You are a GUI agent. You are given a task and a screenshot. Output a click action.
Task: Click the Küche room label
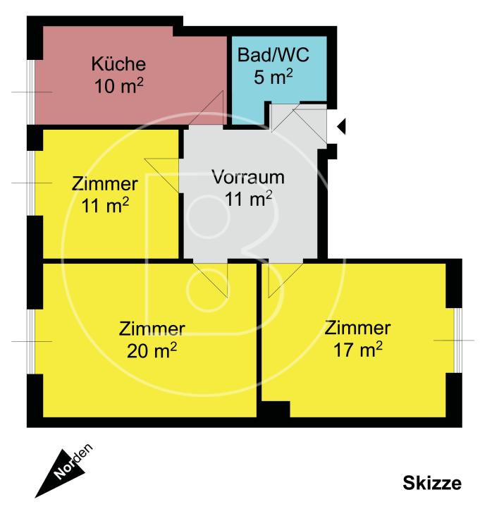click(x=118, y=64)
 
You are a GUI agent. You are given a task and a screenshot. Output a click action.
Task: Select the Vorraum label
click(x=248, y=176)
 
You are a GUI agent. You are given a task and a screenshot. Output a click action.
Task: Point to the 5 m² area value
click(x=273, y=76)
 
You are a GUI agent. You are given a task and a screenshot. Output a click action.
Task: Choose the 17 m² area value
click(x=357, y=350)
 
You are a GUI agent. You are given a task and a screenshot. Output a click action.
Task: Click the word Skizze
click(x=432, y=483)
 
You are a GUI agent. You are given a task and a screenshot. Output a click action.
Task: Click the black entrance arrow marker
click(x=342, y=127)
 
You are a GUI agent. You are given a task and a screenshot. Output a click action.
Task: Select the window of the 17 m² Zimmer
click(x=457, y=341)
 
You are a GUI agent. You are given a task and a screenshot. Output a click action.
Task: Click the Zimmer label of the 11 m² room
click(x=104, y=184)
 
